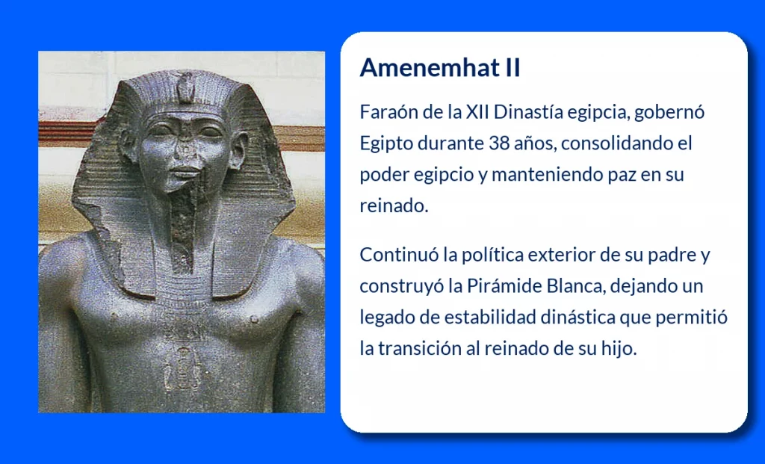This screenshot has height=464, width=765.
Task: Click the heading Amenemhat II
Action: point(439,68)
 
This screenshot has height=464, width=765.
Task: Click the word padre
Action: point(666,255)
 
